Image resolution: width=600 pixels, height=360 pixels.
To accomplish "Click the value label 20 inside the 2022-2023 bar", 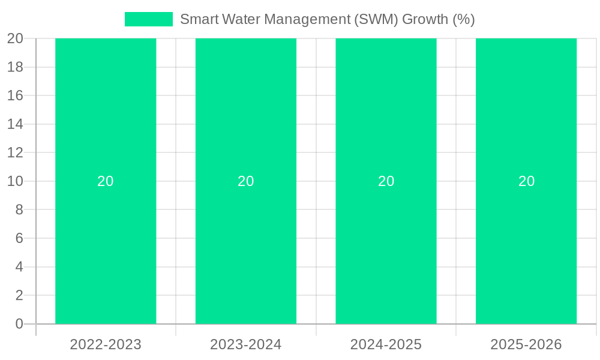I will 106,181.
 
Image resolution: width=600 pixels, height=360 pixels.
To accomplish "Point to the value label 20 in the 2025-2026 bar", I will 526,181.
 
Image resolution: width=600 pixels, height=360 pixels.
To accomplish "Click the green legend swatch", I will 148,19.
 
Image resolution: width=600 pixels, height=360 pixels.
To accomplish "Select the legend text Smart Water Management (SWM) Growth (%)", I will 327,19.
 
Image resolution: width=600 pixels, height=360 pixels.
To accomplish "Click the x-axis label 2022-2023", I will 106,344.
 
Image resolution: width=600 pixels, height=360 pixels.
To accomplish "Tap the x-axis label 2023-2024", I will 246,344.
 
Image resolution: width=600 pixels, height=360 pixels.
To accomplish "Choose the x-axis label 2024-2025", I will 386,344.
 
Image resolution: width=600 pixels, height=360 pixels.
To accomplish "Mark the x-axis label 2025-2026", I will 526,344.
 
